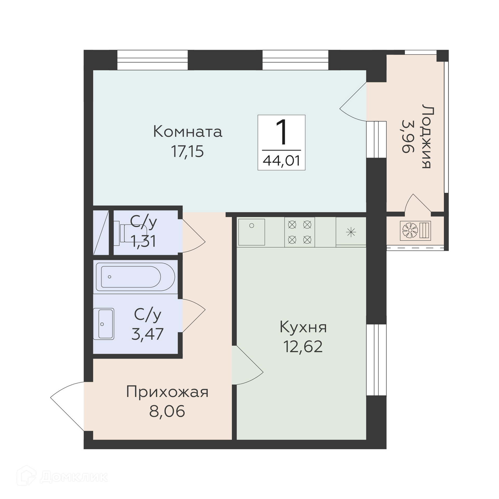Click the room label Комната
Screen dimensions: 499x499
(188, 132)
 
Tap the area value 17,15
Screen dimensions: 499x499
(187, 152)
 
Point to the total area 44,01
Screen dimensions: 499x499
(281, 161)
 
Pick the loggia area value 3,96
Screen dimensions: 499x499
(408, 136)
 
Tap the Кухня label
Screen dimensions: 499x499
(303, 327)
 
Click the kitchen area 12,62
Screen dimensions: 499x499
(303, 346)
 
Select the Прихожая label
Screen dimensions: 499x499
(167, 392)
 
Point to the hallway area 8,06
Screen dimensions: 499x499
(167, 411)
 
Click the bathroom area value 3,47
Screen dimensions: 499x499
(147, 334)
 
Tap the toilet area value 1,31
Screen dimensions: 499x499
(143, 241)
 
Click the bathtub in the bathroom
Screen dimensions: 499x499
(135, 277)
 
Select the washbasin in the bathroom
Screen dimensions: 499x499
(103, 324)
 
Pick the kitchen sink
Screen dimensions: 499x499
(252, 232)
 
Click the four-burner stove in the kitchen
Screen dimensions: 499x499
(300, 232)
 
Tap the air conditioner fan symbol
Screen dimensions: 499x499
(410, 230)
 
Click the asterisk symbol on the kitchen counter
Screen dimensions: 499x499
(351, 232)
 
